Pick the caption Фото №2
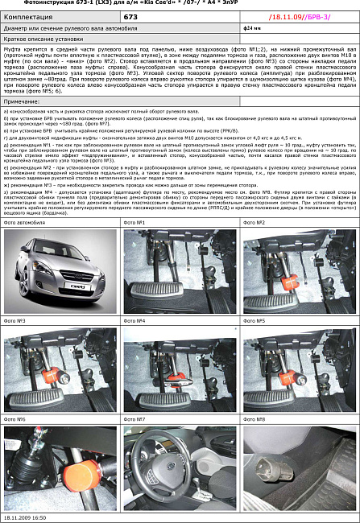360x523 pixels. (x=255, y=221)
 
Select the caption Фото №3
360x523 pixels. (x=15, y=320)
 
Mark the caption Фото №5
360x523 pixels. (x=255, y=320)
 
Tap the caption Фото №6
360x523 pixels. (x=15, y=419)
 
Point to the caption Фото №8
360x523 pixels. (x=255, y=419)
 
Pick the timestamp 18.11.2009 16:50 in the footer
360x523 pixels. (x=25, y=518)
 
